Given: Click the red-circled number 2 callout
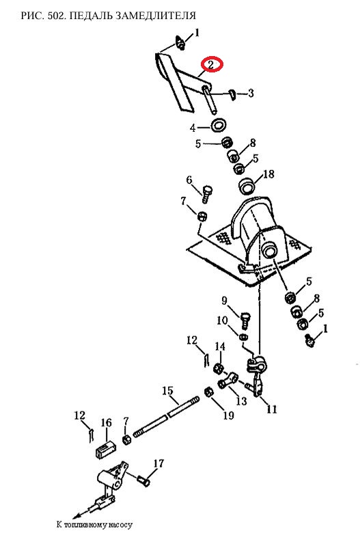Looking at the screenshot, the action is point(212,64).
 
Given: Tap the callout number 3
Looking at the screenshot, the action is point(251,94).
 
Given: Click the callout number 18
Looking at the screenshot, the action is point(268,174).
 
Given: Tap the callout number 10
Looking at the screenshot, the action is point(222,321).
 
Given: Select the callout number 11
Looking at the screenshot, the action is point(272,409).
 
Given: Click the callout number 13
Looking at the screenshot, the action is point(242,401).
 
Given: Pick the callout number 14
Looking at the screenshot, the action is point(220,346).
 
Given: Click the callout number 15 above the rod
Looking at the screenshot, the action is point(167,391).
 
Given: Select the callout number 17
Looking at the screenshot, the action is point(158,463).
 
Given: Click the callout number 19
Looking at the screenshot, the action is point(228,415).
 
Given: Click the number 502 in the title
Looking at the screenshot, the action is point(57,16).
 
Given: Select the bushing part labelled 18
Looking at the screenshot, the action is point(247,186).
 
